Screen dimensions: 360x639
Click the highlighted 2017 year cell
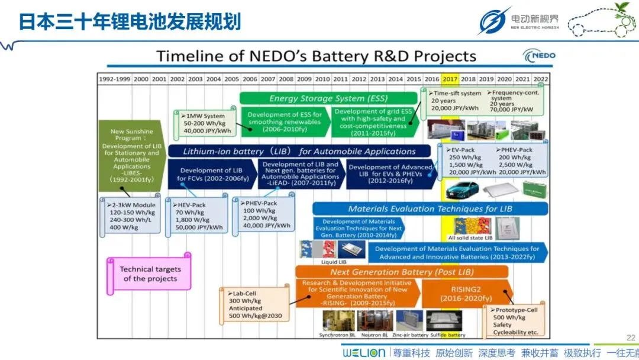coord(449,79)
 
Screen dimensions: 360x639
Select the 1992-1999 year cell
coord(115,79)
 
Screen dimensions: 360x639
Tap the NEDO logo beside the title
coord(539,56)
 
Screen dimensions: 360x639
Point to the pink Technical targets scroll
coord(149,274)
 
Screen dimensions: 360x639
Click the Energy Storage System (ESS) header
coord(325,98)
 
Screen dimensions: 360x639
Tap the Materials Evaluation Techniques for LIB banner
coord(430,208)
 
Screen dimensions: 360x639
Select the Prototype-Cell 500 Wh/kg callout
coord(514,320)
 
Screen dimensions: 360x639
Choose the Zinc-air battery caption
coord(409,335)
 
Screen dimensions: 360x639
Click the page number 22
coord(630,337)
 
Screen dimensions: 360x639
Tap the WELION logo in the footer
coord(364,352)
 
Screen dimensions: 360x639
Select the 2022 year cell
coord(540,79)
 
